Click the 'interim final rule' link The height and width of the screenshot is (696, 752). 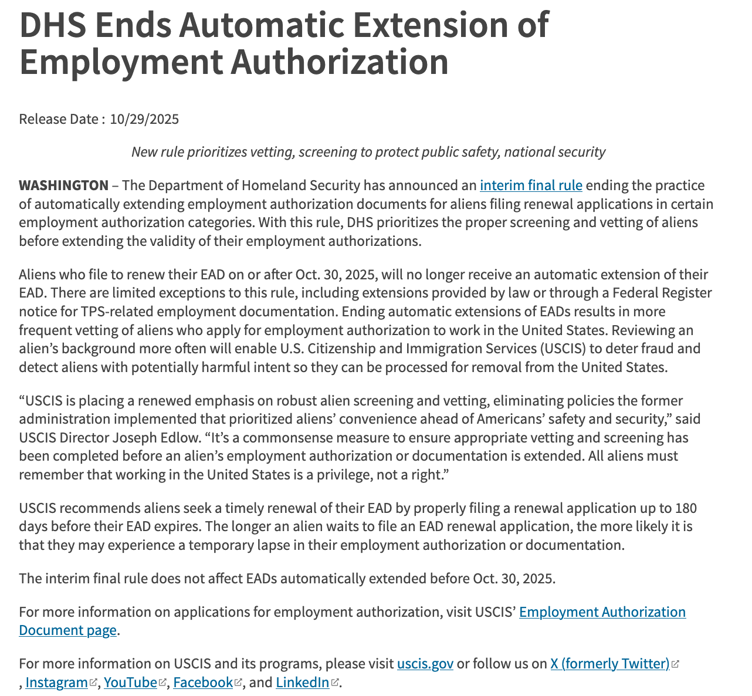531,185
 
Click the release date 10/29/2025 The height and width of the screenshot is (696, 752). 144,119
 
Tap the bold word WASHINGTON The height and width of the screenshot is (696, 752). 63,185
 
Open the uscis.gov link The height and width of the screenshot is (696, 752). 425,664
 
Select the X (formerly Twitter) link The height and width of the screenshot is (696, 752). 609,664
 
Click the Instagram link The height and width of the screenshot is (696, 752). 56,683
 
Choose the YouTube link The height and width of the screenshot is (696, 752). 130,683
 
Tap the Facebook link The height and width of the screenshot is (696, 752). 203,683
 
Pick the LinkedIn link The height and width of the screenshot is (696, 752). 303,683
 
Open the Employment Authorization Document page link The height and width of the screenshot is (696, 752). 602,612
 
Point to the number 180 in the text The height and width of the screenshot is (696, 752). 686,508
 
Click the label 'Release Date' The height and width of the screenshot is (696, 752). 59,119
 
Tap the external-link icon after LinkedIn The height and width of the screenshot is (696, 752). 335,683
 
